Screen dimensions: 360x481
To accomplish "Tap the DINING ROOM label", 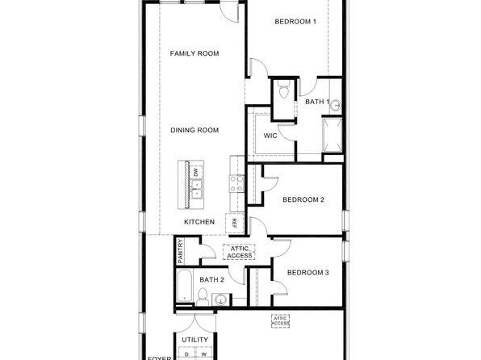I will point(194,130).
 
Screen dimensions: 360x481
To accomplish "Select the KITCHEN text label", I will point(199,222).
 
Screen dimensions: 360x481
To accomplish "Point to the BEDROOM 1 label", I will point(295,22).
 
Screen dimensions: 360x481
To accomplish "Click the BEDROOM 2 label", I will point(303,199).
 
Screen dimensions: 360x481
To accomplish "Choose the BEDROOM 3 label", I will point(307,273).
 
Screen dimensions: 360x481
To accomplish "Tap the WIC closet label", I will point(270,136).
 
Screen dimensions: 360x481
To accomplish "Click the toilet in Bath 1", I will point(283,90).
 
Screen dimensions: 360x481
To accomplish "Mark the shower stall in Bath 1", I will point(332,134).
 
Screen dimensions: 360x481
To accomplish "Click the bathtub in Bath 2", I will point(185,287).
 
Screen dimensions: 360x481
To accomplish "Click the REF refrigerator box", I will point(234,222).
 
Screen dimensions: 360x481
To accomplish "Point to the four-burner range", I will point(236,186).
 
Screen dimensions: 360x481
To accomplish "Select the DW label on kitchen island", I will point(195,172).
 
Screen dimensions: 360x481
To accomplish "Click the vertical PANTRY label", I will point(181,251).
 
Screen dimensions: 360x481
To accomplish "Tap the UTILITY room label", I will point(194,340).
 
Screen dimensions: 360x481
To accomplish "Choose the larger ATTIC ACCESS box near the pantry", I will point(240,252).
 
